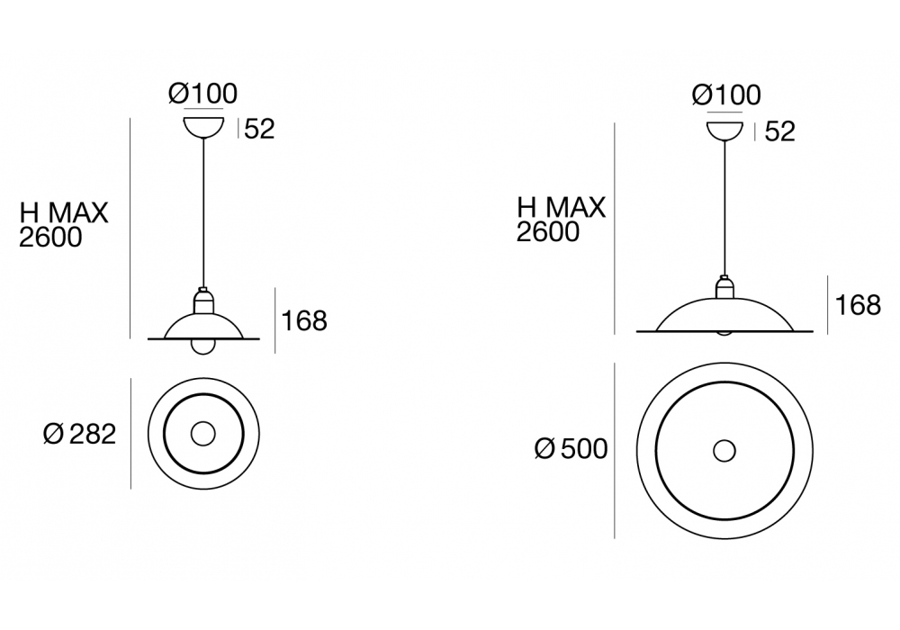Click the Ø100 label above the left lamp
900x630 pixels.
(202, 94)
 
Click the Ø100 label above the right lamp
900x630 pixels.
(726, 95)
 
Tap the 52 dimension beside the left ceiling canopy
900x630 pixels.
(259, 129)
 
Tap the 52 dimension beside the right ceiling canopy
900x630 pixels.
(780, 131)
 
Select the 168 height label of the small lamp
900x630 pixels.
(304, 320)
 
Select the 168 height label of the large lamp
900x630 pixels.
(858, 305)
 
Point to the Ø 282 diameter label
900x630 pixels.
(80, 434)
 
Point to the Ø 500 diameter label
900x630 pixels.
(571, 449)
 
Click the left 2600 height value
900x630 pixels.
(50, 237)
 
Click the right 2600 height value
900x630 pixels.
(547, 232)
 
